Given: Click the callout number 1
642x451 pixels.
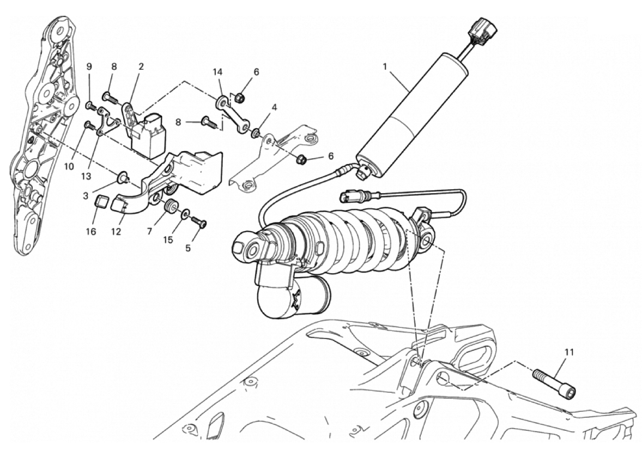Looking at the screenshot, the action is tap(384, 66).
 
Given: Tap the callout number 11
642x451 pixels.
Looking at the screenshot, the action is tap(569, 352).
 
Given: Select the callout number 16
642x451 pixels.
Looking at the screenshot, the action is tap(91, 232).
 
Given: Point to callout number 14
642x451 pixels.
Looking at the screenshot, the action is tap(217, 72).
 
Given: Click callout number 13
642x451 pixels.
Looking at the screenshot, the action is tap(86, 177).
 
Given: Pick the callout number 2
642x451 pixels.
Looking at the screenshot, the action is tap(141, 67).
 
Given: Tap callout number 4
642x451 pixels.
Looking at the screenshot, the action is tap(274, 108).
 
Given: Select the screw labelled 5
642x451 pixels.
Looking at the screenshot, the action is tap(198, 222).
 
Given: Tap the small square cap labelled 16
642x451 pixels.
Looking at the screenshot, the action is tap(101, 202).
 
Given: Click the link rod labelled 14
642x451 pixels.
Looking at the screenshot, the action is tap(233, 113).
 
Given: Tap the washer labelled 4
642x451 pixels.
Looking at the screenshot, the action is tap(256, 133).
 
